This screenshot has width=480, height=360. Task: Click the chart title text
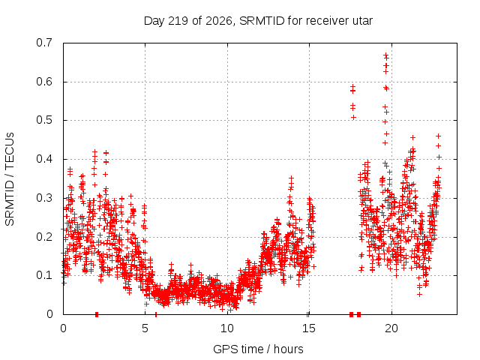coord(258,21)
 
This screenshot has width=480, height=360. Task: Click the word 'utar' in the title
coord(361,21)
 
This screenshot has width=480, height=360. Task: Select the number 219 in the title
coord(178,21)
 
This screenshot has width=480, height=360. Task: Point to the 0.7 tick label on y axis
coord(44,43)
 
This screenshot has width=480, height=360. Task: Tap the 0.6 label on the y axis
coord(44,82)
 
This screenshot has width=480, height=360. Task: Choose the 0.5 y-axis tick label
coord(44,120)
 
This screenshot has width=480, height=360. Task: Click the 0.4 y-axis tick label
coord(44,159)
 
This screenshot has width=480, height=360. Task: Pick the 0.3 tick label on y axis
coord(44,198)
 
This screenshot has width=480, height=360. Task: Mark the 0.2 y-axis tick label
coord(44,237)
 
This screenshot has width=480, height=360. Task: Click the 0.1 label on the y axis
coord(44,275)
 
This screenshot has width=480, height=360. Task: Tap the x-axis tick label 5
coord(145,328)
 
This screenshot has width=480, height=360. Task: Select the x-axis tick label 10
coord(226,328)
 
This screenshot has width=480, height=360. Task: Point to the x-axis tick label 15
coord(309,328)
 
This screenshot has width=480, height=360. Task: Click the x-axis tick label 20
coord(391,328)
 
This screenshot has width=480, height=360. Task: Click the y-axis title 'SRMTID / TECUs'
coord(10,179)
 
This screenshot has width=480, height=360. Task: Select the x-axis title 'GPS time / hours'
coord(258,349)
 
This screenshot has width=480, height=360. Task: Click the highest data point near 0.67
coord(386,55)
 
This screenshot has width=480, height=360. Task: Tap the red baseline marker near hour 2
coord(97,314)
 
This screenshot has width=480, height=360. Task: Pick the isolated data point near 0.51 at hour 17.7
coord(353,117)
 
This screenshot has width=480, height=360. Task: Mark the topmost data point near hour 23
coord(438,136)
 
